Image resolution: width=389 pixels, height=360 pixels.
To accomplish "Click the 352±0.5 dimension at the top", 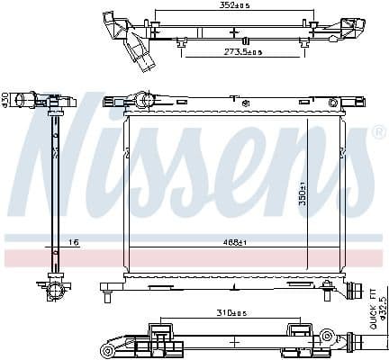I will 236,6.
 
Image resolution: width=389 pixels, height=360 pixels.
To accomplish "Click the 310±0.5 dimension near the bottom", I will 233,312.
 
